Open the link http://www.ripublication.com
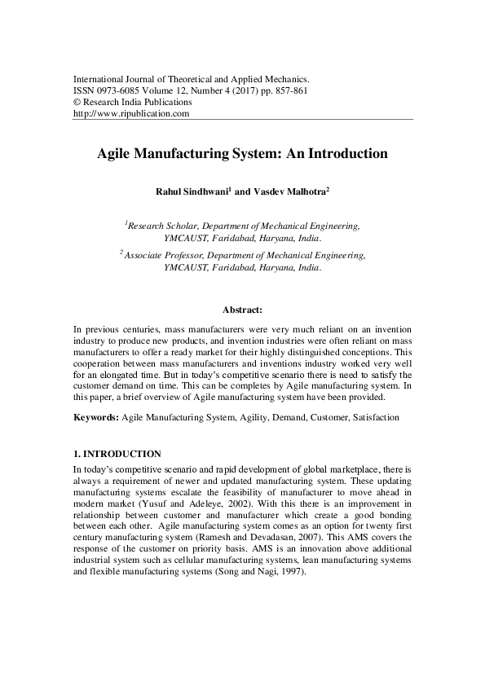pyautogui.click(x=131, y=114)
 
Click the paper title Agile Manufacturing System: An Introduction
pyautogui.click(x=242, y=152)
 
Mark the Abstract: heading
pyautogui.click(x=242, y=310)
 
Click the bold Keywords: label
pyautogui.click(x=95, y=416)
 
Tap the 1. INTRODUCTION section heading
pyautogui.click(x=117, y=454)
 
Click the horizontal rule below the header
pyautogui.click(x=242, y=121)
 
